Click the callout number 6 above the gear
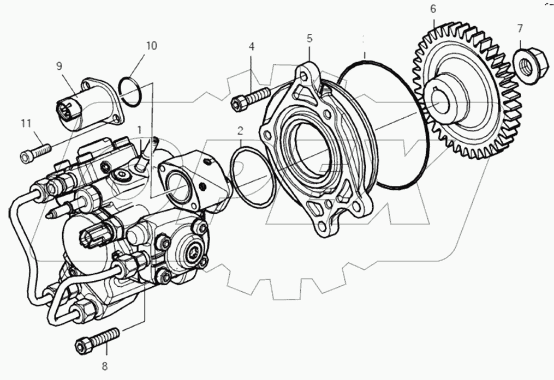click(433, 9)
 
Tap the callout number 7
click(520, 28)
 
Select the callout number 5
click(309, 38)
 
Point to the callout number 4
click(252, 46)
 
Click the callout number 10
click(151, 46)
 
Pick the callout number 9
click(59, 67)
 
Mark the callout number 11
click(26, 124)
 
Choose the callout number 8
click(105, 366)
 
